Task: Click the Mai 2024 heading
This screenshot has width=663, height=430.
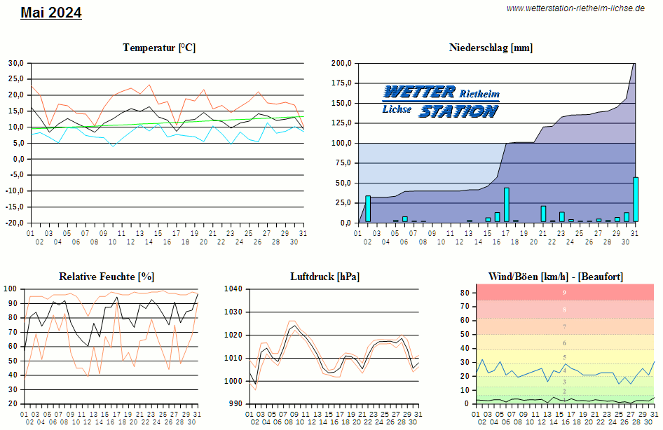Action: click(51, 13)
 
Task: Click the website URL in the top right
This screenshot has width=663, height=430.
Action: click(575, 8)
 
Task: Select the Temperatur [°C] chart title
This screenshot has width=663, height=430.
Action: click(159, 48)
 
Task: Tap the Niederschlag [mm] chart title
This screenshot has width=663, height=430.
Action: click(491, 48)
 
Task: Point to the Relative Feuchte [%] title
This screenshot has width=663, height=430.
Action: click(107, 277)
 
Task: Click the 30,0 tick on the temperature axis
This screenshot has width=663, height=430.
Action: click(15, 63)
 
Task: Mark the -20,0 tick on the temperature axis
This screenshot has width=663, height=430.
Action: click(14, 223)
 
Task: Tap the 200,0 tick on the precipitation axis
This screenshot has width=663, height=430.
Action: click(341, 63)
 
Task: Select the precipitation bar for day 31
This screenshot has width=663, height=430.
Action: click(636, 200)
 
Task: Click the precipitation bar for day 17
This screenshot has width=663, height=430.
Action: click(507, 204)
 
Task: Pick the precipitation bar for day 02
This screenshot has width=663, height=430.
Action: click(368, 209)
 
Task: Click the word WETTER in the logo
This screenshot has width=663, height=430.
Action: click(419, 92)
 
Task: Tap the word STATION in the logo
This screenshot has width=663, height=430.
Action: click(458, 111)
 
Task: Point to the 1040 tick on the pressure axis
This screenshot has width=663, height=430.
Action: click(233, 289)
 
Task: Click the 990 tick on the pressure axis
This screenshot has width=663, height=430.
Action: click(235, 404)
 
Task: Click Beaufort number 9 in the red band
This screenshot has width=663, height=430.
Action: click(564, 292)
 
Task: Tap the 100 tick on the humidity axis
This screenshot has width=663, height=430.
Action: click(11, 289)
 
